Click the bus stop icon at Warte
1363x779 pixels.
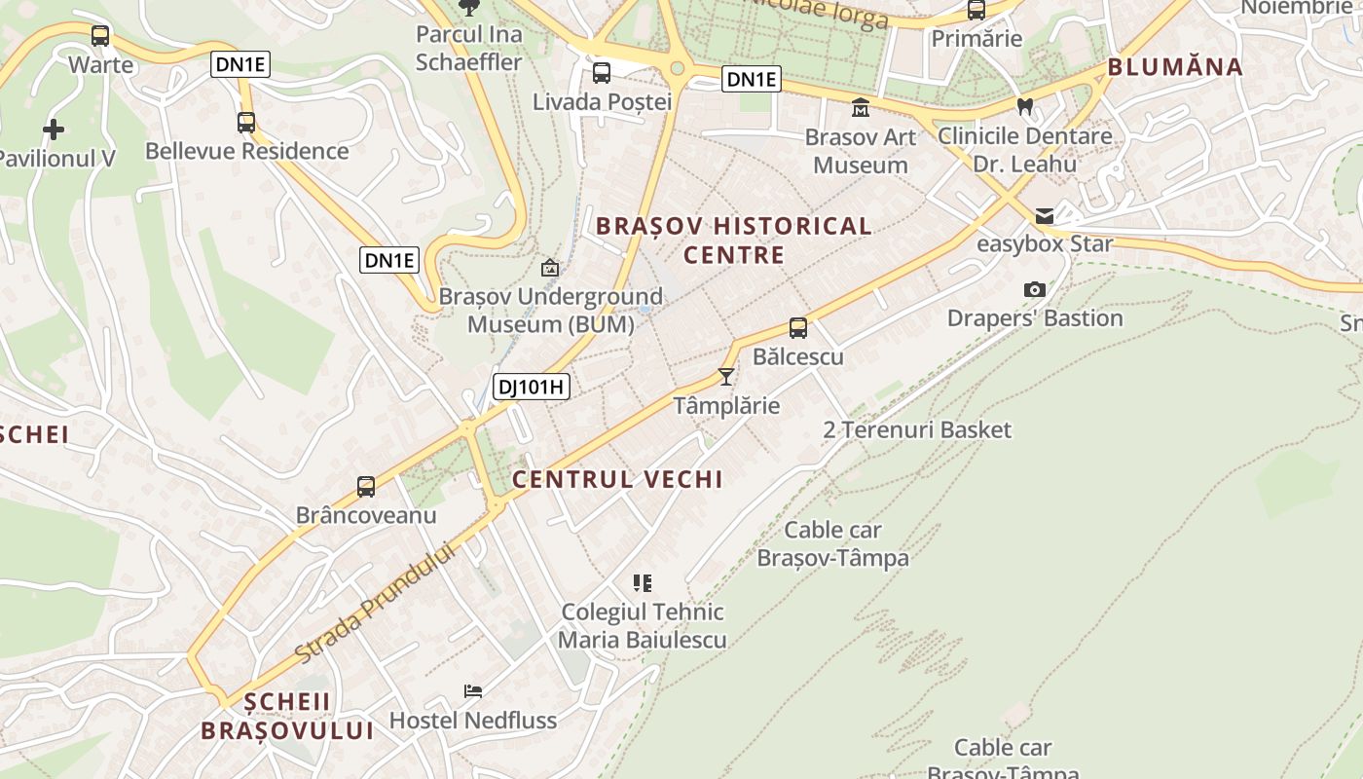point(99,37)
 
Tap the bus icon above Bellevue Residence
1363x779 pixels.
point(246,123)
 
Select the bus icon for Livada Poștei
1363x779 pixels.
point(602,72)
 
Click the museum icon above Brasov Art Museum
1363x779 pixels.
point(861,107)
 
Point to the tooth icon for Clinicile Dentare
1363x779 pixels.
point(1024,106)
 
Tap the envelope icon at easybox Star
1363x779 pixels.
point(1045,215)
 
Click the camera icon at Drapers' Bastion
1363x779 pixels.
point(1034,289)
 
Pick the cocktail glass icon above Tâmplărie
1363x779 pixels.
point(726,376)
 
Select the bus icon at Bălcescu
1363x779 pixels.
point(798,328)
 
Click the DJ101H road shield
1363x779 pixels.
point(531,387)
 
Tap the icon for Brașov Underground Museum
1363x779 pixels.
point(550,267)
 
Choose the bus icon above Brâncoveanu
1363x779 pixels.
point(366,486)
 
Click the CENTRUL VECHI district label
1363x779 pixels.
point(617,479)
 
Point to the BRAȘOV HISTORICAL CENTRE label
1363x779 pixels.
point(733,241)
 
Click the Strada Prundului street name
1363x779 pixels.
point(375,604)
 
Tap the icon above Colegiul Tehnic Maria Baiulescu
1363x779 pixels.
point(642,583)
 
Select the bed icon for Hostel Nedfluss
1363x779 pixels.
point(473,691)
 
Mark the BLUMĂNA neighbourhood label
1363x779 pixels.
point(1174,67)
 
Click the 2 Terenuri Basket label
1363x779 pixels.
point(917,429)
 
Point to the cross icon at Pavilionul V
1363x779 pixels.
point(54,129)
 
